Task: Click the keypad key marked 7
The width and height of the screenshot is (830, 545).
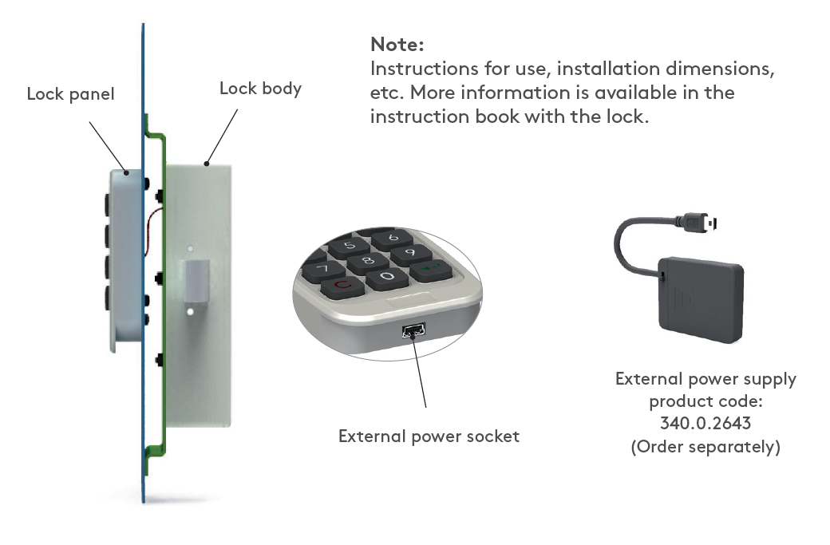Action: pos(322,268)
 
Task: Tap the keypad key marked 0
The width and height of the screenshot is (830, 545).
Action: pos(387,276)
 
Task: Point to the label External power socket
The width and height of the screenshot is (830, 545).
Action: pos(429,436)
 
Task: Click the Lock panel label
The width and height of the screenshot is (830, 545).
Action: pos(70,94)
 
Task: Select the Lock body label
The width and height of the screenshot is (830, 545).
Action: pos(260,88)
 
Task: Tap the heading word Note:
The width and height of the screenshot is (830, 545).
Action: pos(397,45)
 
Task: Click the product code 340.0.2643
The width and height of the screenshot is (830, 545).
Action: pos(705,423)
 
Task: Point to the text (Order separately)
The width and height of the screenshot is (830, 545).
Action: pos(705,446)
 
